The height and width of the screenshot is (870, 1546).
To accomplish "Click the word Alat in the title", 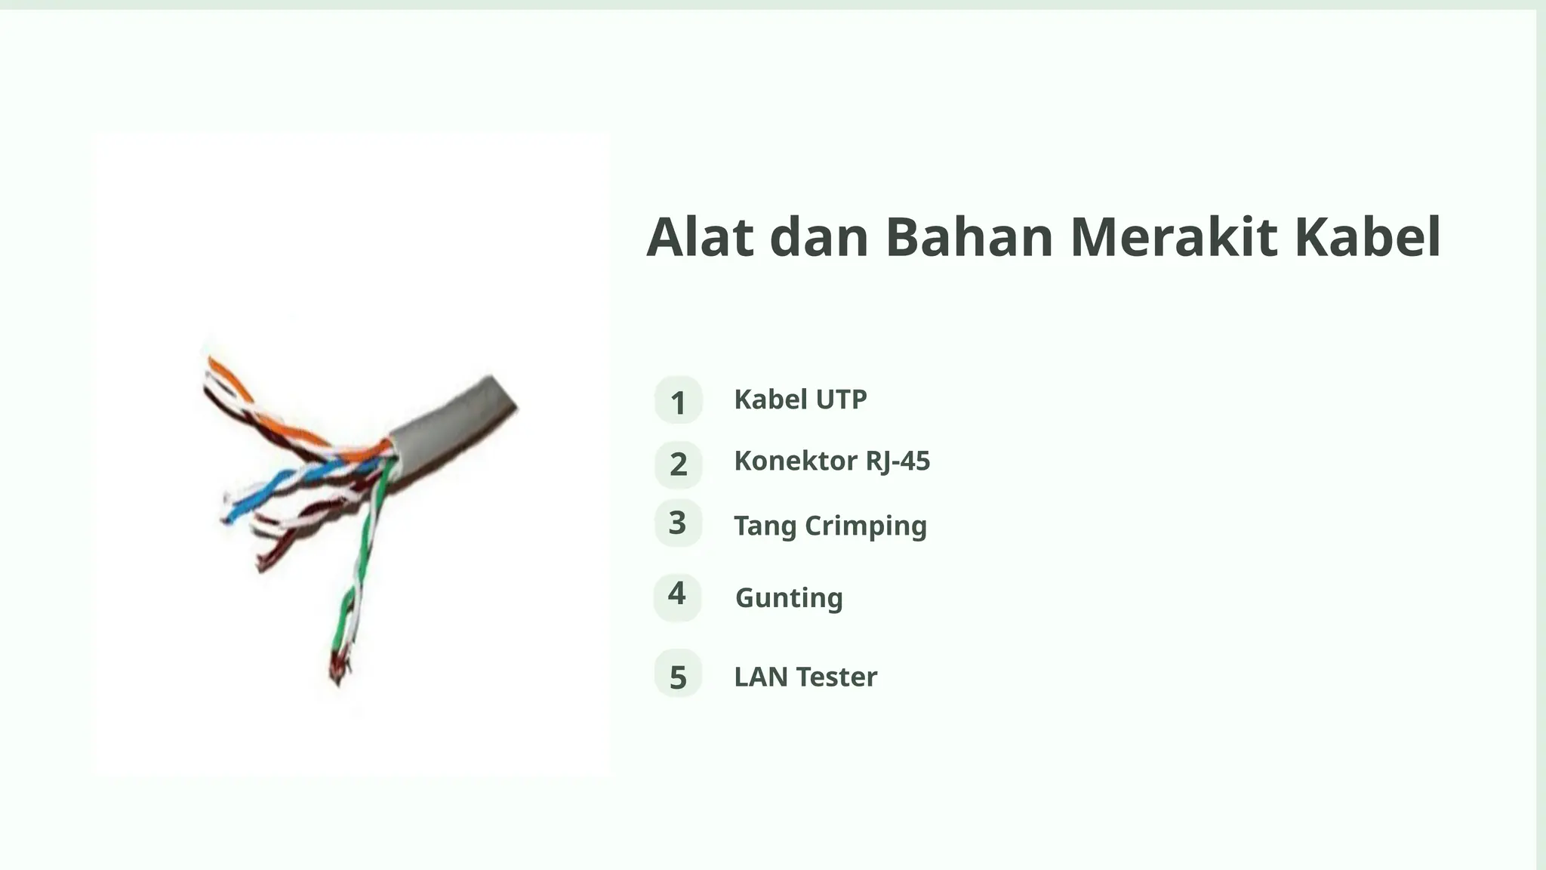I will pyautogui.click(x=700, y=238).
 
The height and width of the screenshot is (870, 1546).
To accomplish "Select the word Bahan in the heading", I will pyautogui.click(x=969, y=238).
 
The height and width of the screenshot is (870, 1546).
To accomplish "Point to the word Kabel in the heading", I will pyautogui.click(x=1368, y=238).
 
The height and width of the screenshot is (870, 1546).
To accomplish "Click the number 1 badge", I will pyautogui.click(x=678, y=400).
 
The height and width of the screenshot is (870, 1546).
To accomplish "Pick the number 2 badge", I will pyautogui.click(x=678, y=464).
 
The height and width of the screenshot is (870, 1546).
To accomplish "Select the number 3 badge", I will pyautogui.click(x=678, y=523).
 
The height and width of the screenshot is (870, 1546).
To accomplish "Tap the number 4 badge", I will pyautogui.click(x=677, y=596).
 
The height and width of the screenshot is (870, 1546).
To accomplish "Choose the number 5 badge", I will pyautogui.click(x=678, y=675).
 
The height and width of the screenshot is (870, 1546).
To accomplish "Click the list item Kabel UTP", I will pyautogui.click(x=800, y=400).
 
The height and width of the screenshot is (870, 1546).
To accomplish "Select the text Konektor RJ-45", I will pyautogui.click(x=832, y=461).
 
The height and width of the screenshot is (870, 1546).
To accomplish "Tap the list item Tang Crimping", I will pyautogui.click(x=830, y=526).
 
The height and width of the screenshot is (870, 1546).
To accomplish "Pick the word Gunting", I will pyautogui.click(x=789, y=597).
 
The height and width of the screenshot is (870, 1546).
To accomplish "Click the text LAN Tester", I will pyautogui.click(x=805, y=677).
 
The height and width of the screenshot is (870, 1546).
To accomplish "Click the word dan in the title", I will pyautogui.click(x=818, y=238).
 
